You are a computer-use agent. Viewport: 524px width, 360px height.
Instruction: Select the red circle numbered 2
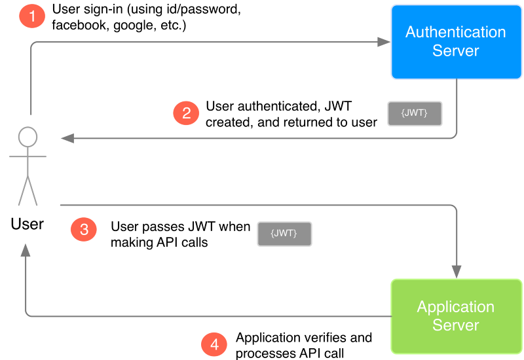(186, 113)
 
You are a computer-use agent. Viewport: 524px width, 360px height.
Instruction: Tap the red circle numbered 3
(84, 229)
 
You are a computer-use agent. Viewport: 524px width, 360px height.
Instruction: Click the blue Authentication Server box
(455, 42)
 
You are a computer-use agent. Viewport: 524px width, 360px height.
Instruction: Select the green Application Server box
(456, 316)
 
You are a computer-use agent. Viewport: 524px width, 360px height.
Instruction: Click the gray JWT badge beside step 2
(415, 113)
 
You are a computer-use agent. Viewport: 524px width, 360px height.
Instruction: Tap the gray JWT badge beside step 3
(284, 234)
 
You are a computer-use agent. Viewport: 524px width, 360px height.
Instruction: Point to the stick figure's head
(28, 137)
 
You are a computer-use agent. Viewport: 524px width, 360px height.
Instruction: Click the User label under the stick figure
(28, 225)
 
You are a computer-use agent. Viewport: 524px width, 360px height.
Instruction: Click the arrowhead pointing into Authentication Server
(384, 43)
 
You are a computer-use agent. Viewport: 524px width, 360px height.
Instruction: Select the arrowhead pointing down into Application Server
(456, 272)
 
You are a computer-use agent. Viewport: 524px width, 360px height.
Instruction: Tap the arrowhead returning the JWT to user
(67, 138)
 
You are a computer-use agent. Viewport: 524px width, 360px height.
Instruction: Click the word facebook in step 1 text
(79, 26)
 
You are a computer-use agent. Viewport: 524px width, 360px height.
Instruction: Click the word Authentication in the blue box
(455, 32)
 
